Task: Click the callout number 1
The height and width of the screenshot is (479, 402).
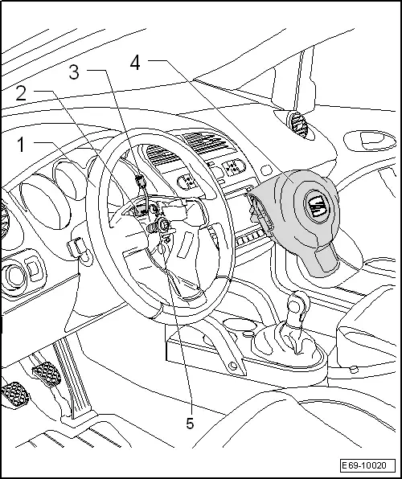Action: point(21,144)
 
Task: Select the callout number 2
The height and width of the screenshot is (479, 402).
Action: point(21,93)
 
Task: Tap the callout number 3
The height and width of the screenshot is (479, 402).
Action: point(74,72)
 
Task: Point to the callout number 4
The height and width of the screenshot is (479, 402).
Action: point(135,63)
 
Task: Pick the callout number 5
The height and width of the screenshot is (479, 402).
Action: point(190,424)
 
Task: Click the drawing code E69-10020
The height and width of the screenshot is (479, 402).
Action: point(367,465)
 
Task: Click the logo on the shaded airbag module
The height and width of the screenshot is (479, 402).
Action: point(317,205)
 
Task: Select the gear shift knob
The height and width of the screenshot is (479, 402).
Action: point(296,305)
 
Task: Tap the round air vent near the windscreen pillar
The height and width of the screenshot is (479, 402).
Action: point(297,124)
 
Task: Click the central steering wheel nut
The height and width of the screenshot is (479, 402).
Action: point(163,225)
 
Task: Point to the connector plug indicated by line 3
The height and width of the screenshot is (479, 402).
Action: point(141,181)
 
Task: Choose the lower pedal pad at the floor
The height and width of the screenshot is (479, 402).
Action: point(15,395)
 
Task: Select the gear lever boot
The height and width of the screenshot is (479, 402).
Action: point(287,342)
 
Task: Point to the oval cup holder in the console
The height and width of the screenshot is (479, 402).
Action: point(240,325)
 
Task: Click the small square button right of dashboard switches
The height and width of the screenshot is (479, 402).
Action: point(266,170)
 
